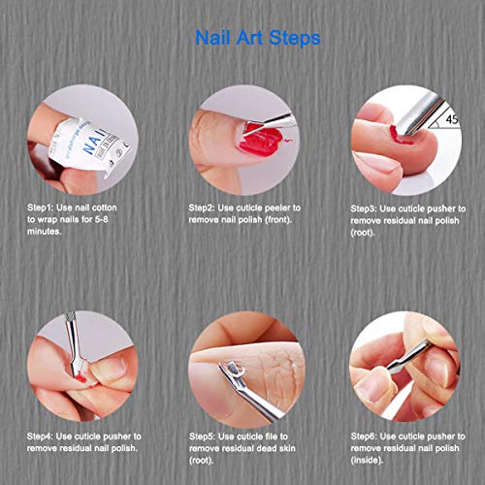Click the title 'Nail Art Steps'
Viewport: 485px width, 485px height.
click(x=243, y=40)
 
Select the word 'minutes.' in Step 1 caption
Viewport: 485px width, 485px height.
click(x=44, y=233)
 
